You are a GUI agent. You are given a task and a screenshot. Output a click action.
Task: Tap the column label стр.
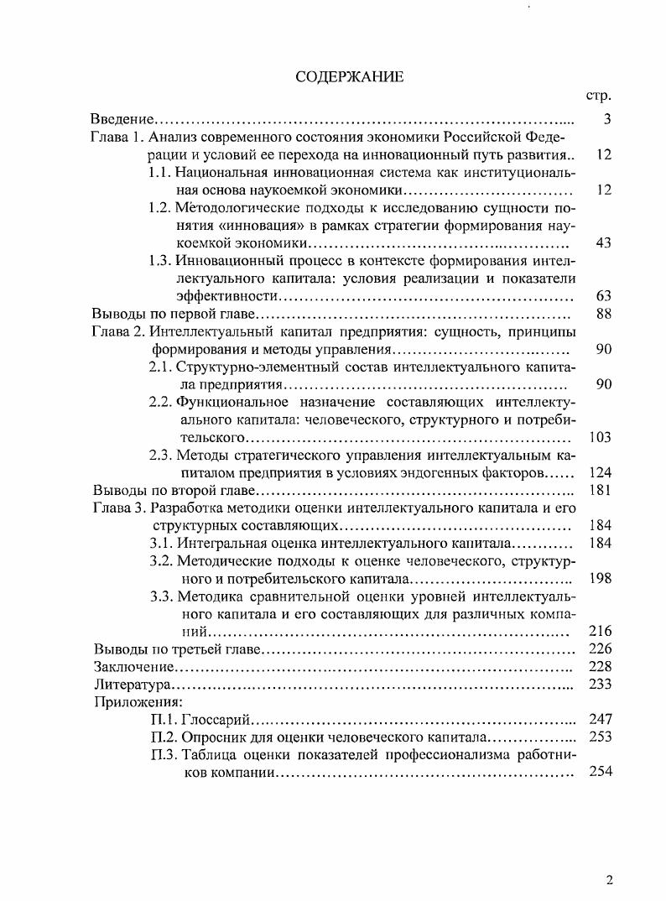[x=599, y=96]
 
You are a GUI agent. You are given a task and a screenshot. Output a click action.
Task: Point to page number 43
[x=603, y=242]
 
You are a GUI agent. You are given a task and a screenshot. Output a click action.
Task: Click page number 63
[x=603, y=296]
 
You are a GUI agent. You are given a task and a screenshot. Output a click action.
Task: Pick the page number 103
[x=601, y=437]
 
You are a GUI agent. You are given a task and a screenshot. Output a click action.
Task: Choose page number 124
[x=601, y=473]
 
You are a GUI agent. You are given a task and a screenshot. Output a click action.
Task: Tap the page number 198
[x=601, y=578]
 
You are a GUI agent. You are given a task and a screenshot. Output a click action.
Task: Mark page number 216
[x=601, y=631]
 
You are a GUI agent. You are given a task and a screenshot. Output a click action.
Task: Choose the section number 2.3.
[x=161, y=456]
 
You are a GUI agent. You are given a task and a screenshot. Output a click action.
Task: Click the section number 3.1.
[x=161, y=544]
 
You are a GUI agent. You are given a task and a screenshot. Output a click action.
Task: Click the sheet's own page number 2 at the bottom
[x=609, y=879]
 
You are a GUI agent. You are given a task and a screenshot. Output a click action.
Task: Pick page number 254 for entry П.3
[x=601, y=772]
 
